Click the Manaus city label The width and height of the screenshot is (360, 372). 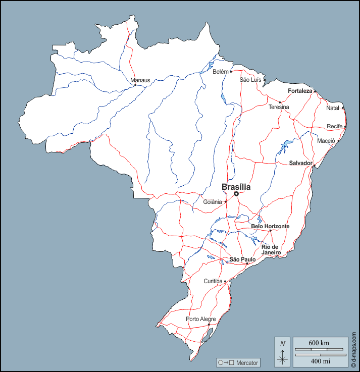tap(140, 80)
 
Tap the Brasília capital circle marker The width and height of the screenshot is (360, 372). tap(236, 193)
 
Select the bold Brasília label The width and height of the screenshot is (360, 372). tap(236, 187)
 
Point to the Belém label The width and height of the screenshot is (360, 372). tap(220, 72)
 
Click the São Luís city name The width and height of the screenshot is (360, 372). tap(250, 80)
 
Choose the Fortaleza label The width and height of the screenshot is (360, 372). tap(300, 91)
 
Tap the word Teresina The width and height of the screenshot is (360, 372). tap(279, 108)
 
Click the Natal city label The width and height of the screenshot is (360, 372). tap(333, 108)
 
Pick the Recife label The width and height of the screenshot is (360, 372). tap(334, 126)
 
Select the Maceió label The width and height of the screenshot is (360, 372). tap(326, 141)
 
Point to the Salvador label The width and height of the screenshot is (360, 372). tap(300, 163)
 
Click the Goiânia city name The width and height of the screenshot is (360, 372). tap(213, 202)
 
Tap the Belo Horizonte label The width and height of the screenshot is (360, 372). tap(270, 227)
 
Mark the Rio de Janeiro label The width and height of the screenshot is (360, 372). tap(271, 250)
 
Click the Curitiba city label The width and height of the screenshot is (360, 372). tap(213, 281)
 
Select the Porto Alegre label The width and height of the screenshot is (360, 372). tap(200, 319)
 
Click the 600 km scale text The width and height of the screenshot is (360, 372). tap(319, 343)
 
